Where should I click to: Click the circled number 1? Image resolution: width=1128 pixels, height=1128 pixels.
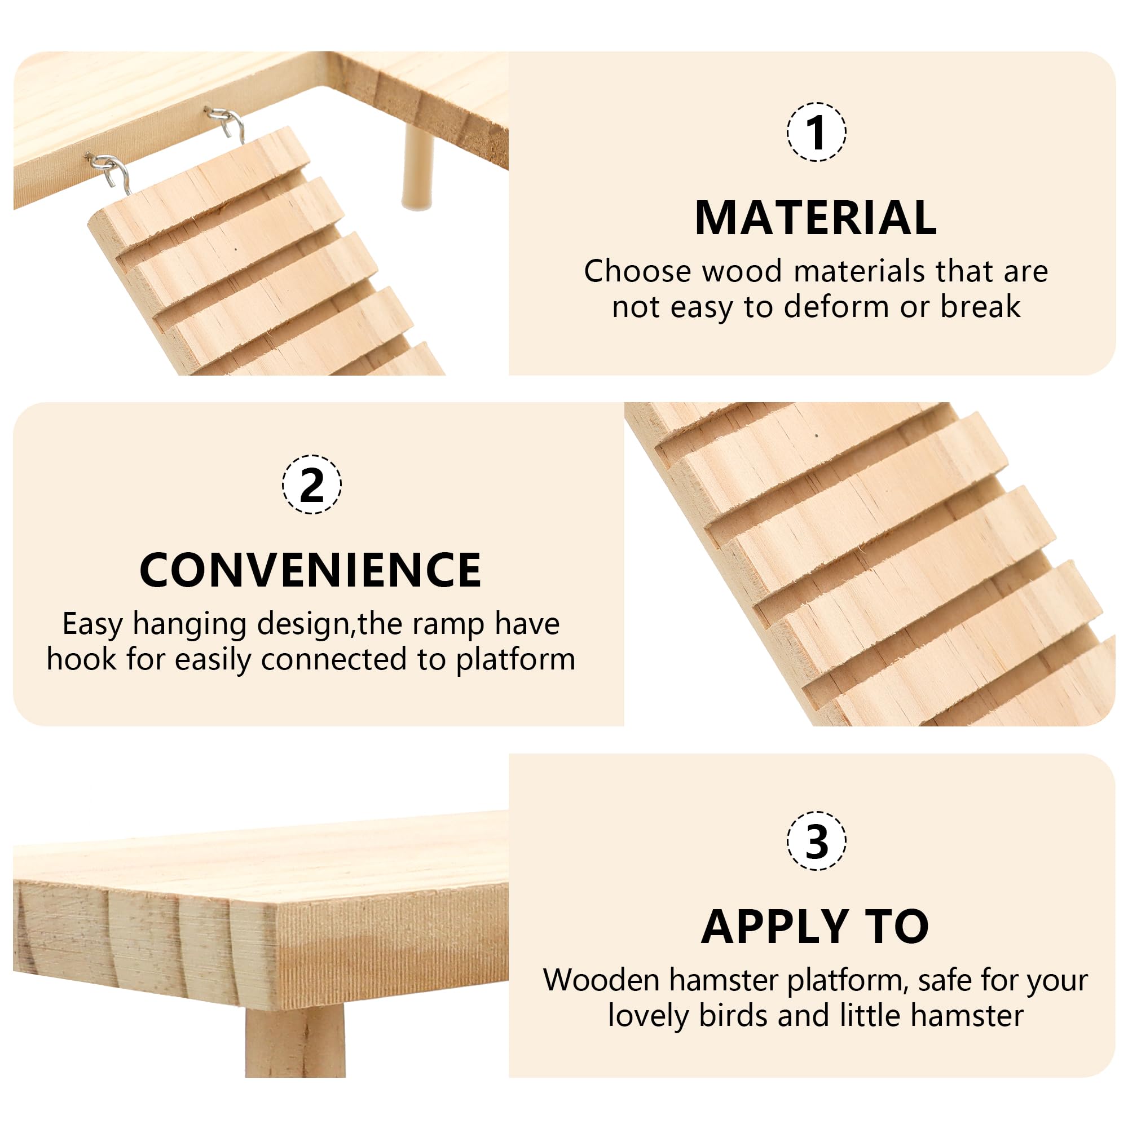click(816, 131)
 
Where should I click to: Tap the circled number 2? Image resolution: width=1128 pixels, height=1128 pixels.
click(312, 484)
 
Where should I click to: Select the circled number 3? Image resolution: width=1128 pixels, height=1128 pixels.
click(816, 841)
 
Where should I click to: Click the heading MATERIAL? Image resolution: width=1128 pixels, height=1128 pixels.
click(816, 218)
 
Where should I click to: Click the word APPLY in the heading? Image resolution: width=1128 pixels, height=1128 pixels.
click(774, 927)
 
